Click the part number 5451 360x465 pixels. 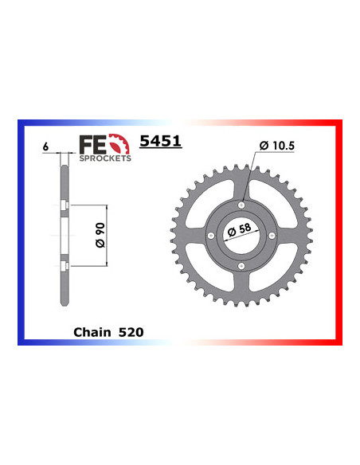161,143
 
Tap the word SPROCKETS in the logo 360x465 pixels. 104,158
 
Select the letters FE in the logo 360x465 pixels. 92,143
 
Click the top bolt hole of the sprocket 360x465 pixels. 241,205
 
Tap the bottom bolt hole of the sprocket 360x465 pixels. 241,264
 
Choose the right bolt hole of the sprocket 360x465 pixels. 270,234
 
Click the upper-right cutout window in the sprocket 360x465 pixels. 271,204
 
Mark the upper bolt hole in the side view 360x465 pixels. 63,209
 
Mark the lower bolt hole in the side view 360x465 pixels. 63,264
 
